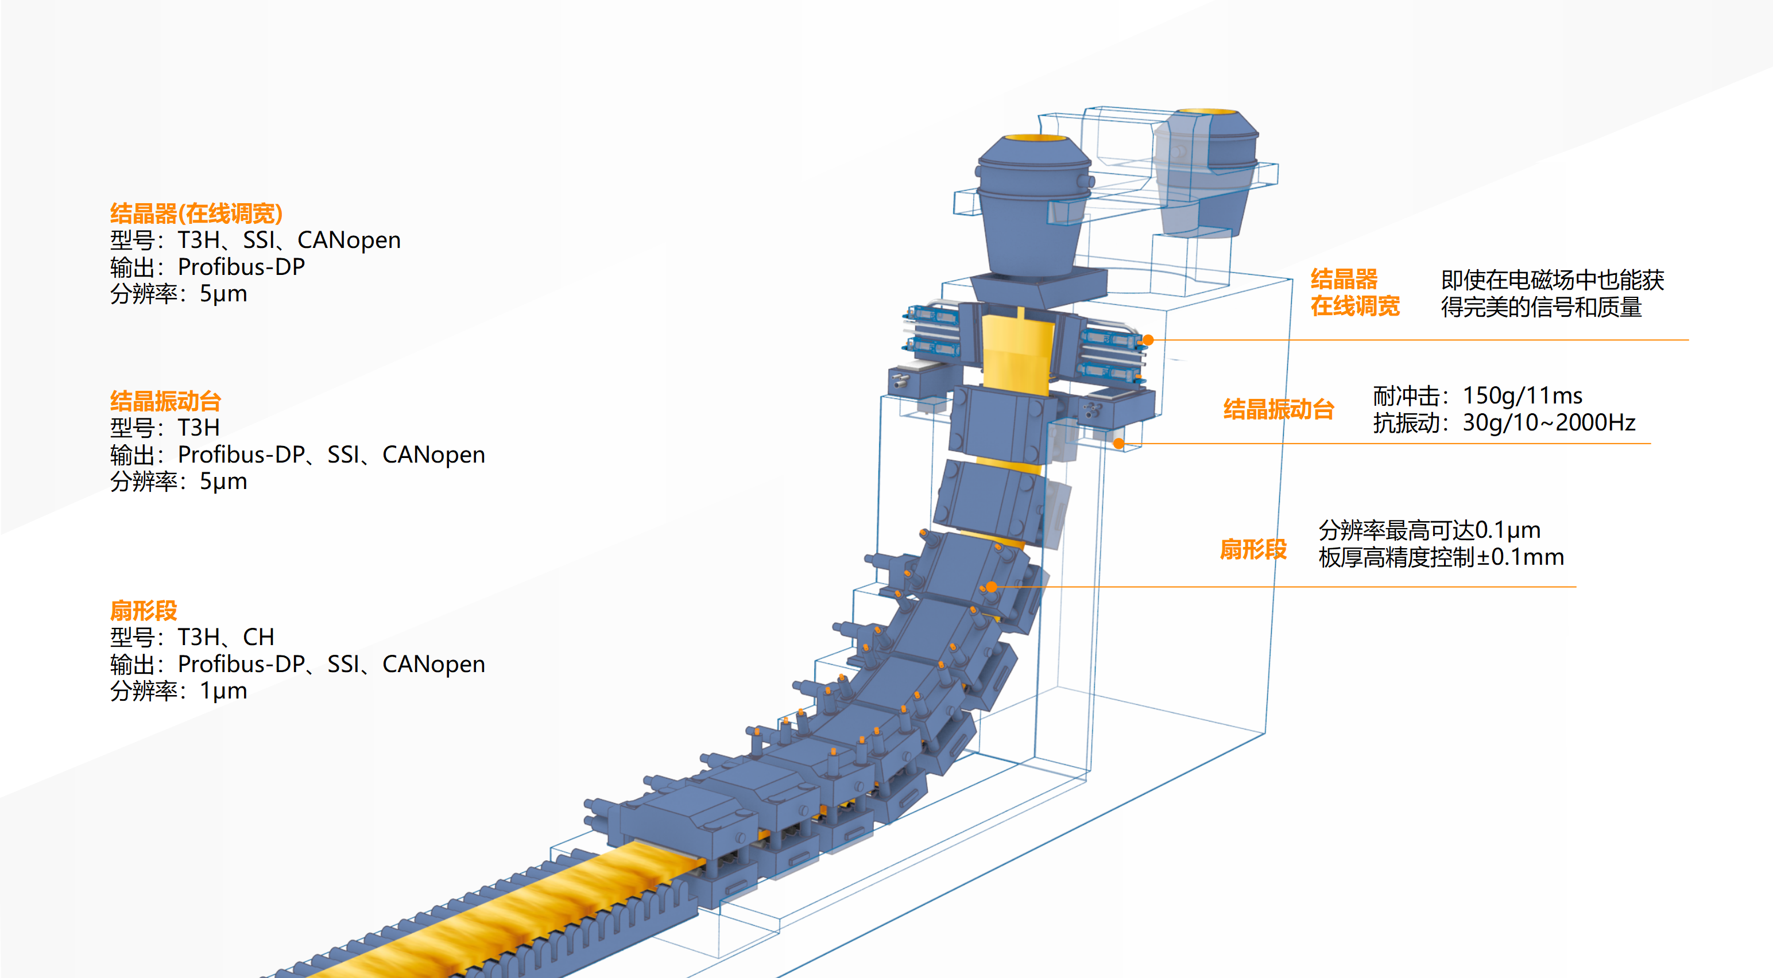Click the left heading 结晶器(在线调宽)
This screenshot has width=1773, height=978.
[196, 214]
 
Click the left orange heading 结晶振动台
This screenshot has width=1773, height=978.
[165, 401]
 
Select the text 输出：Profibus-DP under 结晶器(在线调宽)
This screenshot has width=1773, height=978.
[207, 267]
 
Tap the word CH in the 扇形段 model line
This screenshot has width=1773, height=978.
[259, 637]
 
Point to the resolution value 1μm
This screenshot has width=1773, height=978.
[223, 691]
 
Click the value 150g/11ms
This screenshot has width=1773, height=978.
[1522, 396]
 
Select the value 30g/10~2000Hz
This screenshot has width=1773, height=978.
[1549, 422]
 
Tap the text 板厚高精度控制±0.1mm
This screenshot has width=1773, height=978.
[1441, 557]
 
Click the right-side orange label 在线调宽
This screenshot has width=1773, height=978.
[1354, 306]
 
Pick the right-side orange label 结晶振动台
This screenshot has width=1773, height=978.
[1278, 409]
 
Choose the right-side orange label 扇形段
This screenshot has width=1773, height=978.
[1253, 549]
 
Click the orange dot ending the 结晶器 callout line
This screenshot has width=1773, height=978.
[1148, 340]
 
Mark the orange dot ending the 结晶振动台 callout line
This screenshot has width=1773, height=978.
[1119, 444]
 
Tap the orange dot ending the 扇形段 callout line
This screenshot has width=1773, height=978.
[991, 587]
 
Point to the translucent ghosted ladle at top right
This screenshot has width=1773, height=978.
[1208, 172]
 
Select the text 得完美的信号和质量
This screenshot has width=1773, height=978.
[1541, 307]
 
